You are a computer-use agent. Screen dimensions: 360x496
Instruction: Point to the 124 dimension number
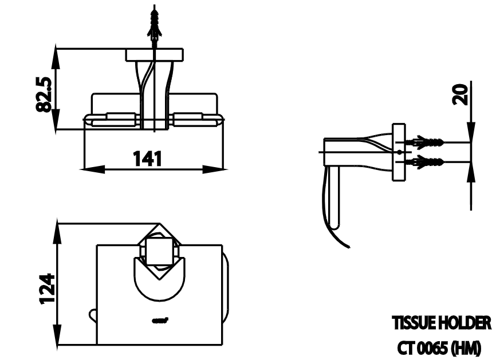pos(48,288)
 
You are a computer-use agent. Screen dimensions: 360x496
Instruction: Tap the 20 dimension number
pos(460,93)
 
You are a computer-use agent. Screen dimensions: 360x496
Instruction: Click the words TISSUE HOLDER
pos(441,323)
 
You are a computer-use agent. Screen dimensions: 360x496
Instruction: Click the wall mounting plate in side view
pos(399,152)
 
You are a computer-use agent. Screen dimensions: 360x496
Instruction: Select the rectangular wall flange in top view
pos(155,55)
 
